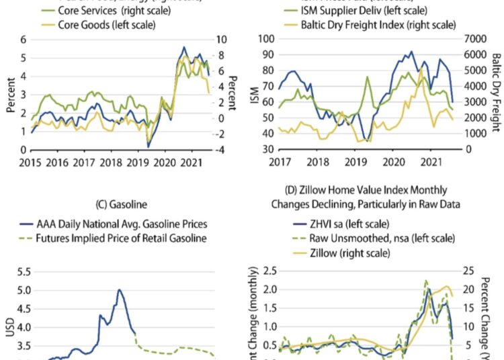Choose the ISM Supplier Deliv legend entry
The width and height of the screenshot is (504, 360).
[357, 11]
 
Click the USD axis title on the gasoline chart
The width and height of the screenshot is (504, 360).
[9, 328]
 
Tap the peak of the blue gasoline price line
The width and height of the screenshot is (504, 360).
[119, 290]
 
